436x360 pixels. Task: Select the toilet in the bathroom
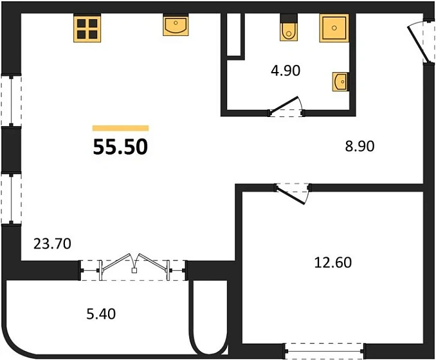[287, 29]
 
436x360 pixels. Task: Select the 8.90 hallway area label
[359, 146]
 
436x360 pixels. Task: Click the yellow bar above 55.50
[120, 128]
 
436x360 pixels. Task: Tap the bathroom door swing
[287, 108]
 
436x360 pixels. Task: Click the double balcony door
[133, 265]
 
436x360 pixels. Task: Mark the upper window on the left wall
[11, 101]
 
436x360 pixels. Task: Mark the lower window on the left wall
[11, 199]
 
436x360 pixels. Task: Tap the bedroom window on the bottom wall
[324, 351]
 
